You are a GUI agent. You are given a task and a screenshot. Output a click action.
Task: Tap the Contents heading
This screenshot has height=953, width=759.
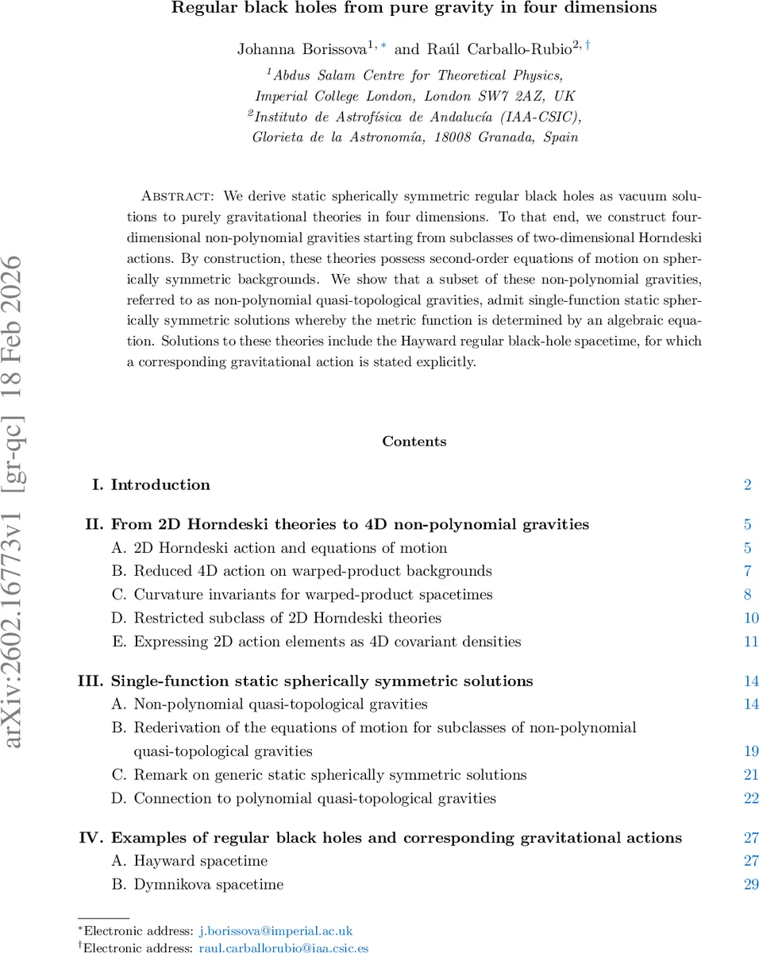click(x=414, y=442)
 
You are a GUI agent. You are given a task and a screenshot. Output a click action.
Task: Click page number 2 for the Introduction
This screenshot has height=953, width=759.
click(x=747, y=484)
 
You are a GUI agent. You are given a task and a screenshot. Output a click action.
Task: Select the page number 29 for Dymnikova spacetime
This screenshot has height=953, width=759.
click(x=750, y=884)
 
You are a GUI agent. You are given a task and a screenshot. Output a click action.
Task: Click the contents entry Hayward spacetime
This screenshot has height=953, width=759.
click(x=200, y=861)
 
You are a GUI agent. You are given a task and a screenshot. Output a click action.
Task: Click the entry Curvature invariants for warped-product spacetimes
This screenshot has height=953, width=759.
click(x=313, y=595)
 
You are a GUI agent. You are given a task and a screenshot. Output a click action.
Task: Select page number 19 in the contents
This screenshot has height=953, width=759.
click(x=750, y=751)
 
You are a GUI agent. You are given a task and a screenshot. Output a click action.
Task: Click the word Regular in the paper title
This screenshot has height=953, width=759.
click(x=200, y=9)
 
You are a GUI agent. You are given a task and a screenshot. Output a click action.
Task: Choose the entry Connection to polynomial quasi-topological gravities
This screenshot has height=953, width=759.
click(x=314, y=798)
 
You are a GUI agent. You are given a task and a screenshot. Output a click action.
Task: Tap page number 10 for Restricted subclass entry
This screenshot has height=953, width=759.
click(x=750, y=618)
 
